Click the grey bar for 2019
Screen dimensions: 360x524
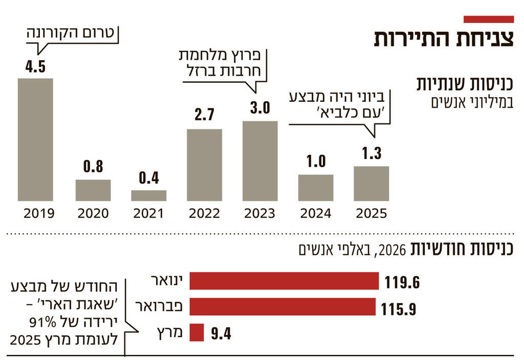(35, 140)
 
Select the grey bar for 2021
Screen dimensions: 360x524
(148, 195)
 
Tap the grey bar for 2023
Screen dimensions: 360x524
(260, 161)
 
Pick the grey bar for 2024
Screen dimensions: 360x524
(316, 188)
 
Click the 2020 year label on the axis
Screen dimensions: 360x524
(93, 213)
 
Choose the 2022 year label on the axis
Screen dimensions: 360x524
(204, 213)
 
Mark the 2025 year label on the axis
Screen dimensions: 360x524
(371, 213)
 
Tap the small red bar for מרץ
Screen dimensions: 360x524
(197, 332)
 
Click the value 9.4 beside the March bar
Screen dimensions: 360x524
(222, 334)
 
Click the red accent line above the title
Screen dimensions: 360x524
(488, 19)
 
